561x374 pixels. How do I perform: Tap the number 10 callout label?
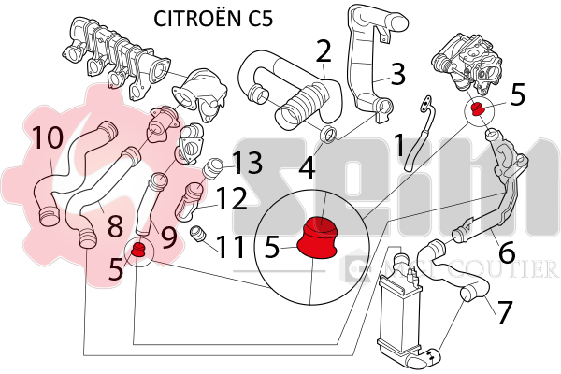click(x=47, y=138)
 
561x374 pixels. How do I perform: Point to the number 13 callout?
click(x=248, y=164)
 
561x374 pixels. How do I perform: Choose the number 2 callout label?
click(x=324, y=50)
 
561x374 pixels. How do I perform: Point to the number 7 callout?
click(x=505, y=310)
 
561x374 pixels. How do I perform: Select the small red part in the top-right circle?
click(x=479, y=110)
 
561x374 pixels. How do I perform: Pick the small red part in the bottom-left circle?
click(x=137, y=249)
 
